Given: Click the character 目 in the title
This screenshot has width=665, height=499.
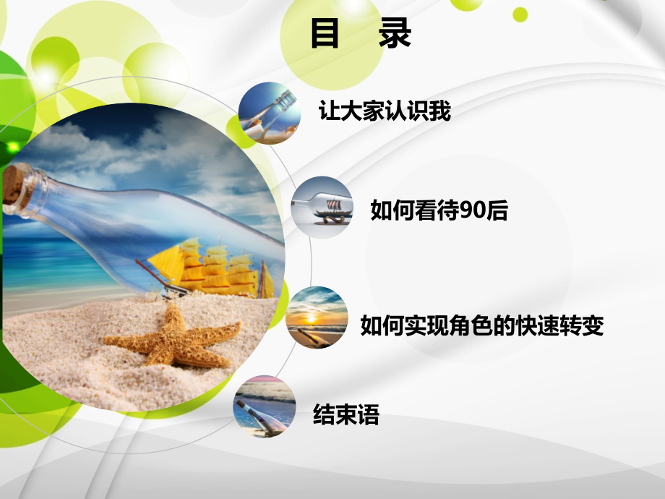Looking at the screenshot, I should coord(325,34).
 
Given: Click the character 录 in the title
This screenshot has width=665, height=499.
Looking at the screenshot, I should coord(395,34).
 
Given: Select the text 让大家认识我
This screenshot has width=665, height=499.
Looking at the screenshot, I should coord(385,111).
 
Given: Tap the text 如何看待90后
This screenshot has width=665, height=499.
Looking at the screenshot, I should coord(439,210).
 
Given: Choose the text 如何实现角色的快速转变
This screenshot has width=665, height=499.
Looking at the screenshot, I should coord(481,326).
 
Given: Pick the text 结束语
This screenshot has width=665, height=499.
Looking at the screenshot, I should coord(346,415).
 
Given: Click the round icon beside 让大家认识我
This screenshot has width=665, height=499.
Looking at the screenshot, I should coord(270,114).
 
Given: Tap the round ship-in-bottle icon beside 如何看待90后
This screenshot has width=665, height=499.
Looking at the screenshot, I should coord(322,208).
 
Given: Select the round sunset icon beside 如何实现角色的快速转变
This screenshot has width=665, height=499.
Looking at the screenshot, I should coord(317,318).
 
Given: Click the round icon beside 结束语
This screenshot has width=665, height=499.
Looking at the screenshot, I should coord(265,406).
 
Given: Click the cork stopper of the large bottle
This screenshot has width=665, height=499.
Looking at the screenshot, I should coord(13,186).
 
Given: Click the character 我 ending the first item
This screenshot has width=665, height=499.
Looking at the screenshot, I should coord(440,111).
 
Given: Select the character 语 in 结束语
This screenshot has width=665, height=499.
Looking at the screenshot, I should coord(368,415).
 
